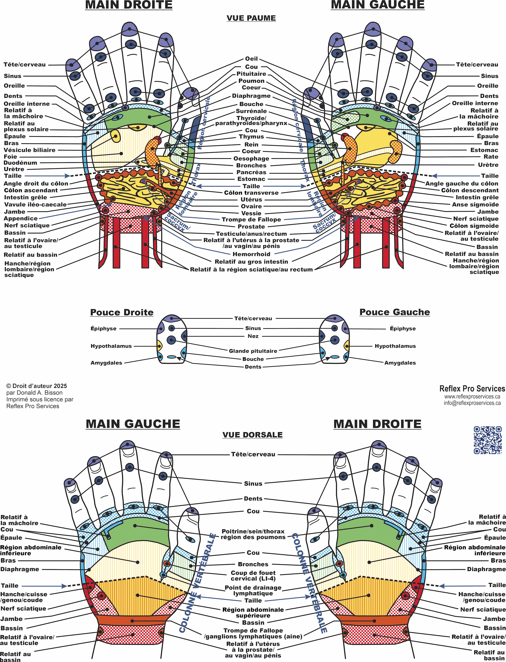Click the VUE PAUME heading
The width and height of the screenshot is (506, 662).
click(x=251, y=18)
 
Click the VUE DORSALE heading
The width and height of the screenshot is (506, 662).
click(x=252, y=435)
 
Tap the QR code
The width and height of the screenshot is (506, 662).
click(x=488, y=440)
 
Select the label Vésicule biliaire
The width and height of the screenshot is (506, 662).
click(x=29, y=150)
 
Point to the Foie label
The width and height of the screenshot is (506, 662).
click(x=11, y=156)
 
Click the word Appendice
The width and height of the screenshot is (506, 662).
click(x=21, y=219)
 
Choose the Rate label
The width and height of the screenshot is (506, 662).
click(x=491, y=156)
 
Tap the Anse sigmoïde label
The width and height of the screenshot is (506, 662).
click(x=475, y=205)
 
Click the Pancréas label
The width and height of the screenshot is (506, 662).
click(x=251, y=172)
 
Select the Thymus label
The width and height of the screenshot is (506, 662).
click(x=251, y=137)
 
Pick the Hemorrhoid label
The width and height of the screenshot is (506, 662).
click(x=251, y=254)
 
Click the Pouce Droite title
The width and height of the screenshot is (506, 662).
click(x=122, y=312)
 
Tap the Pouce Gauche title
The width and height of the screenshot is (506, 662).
click(x=394, y=312)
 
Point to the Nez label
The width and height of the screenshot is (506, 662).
click(x=253, y=336)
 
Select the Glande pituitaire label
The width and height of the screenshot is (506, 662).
click(x=253, y=351)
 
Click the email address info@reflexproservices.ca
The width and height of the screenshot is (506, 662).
click(x=472, y=403)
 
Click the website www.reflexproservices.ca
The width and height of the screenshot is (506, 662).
click(x=472, y=397)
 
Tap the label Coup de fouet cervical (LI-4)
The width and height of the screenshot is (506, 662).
click(x=253, y=576)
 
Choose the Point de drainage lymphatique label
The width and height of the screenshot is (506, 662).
click(x=253, y=590)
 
